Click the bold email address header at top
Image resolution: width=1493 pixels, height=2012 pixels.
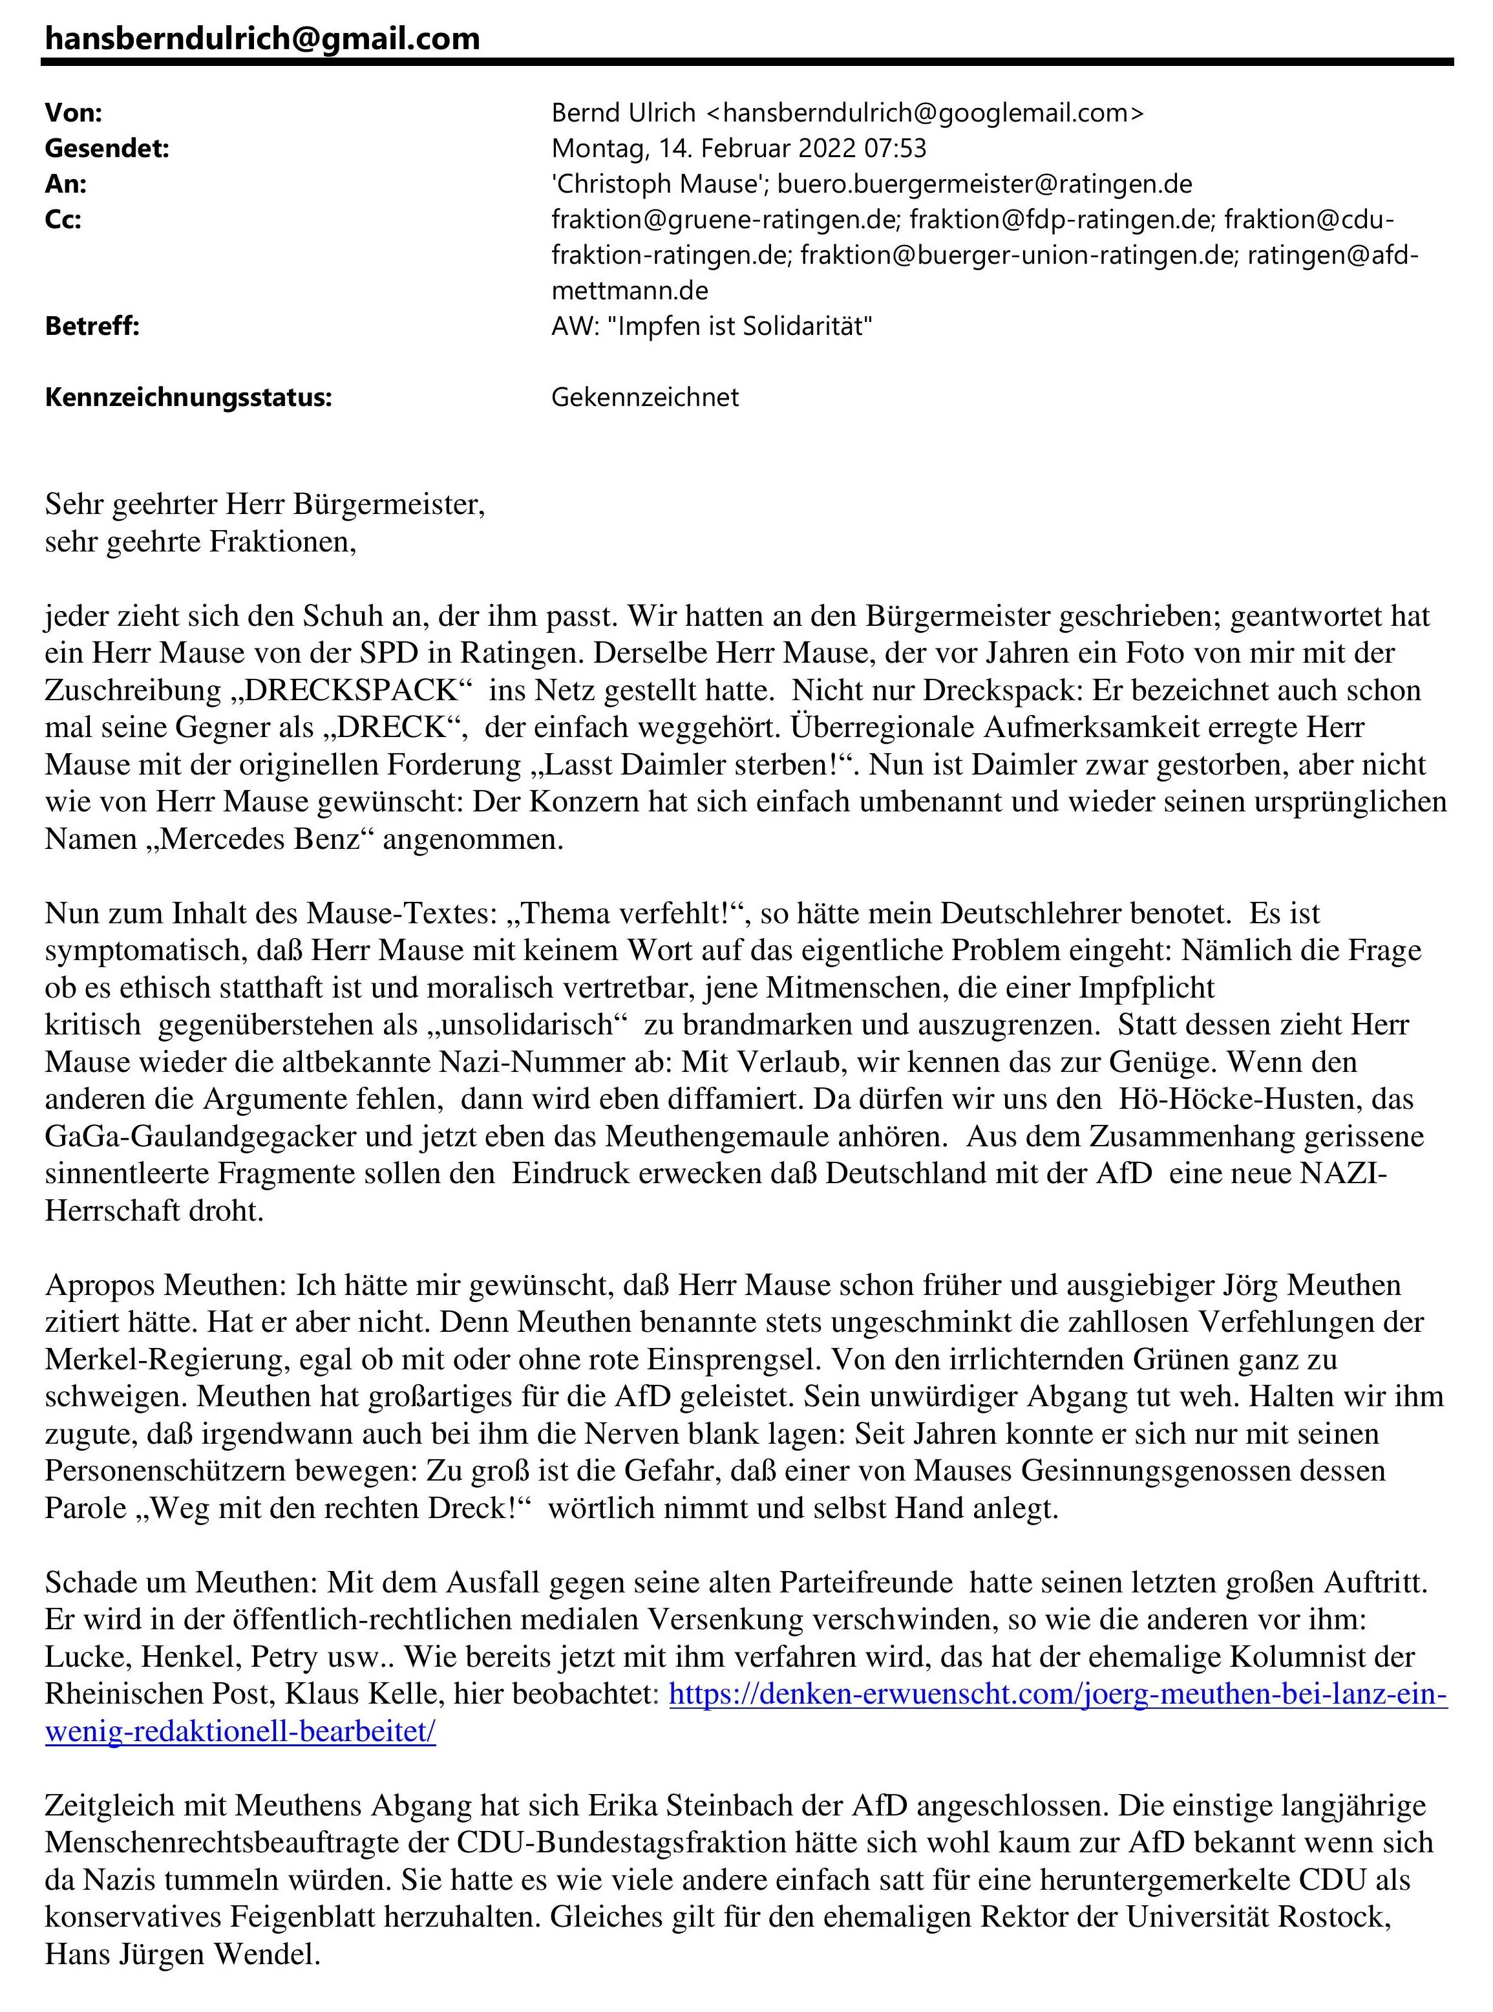[x=262, y=38]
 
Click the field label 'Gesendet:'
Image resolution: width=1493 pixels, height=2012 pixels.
[x=107, y=148]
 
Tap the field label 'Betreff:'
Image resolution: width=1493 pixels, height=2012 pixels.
[x=92, y=326]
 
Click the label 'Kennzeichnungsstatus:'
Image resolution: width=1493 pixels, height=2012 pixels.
[x=188, y=398]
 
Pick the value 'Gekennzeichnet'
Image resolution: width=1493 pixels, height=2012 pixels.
[x=644, y=398]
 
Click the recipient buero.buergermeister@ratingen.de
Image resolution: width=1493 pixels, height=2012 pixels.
[x=984, y=184]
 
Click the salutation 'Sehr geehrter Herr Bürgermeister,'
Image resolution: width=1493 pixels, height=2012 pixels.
[x=265, y=504]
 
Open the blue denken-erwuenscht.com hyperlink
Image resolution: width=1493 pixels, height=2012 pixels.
[x=1057, y=1694]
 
